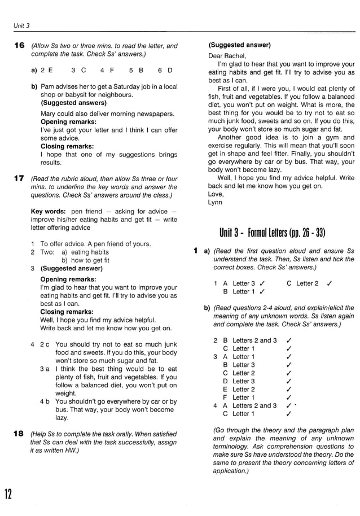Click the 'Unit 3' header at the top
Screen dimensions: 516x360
(21, 25)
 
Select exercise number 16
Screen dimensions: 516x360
(19, 46)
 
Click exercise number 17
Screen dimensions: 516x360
(19, 179)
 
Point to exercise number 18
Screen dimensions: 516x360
(19, 434)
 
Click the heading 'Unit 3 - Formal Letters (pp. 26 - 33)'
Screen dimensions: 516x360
(273, 233)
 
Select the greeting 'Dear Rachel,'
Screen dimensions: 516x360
(227, 55)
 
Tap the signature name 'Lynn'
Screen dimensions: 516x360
(215, 202)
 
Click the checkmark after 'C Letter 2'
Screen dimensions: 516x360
(329, 283)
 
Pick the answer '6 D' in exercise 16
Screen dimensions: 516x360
(165, 71)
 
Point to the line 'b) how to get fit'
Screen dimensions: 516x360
(85, 260)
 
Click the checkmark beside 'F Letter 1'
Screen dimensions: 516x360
(288, 397)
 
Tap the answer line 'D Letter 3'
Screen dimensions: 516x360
(239, 381)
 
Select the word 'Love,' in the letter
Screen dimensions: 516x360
(216, 194)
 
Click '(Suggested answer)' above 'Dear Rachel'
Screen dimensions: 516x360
(239, 45)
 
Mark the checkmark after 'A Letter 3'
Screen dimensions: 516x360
(263, 283)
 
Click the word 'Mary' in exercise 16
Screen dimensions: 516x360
(49, 113)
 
